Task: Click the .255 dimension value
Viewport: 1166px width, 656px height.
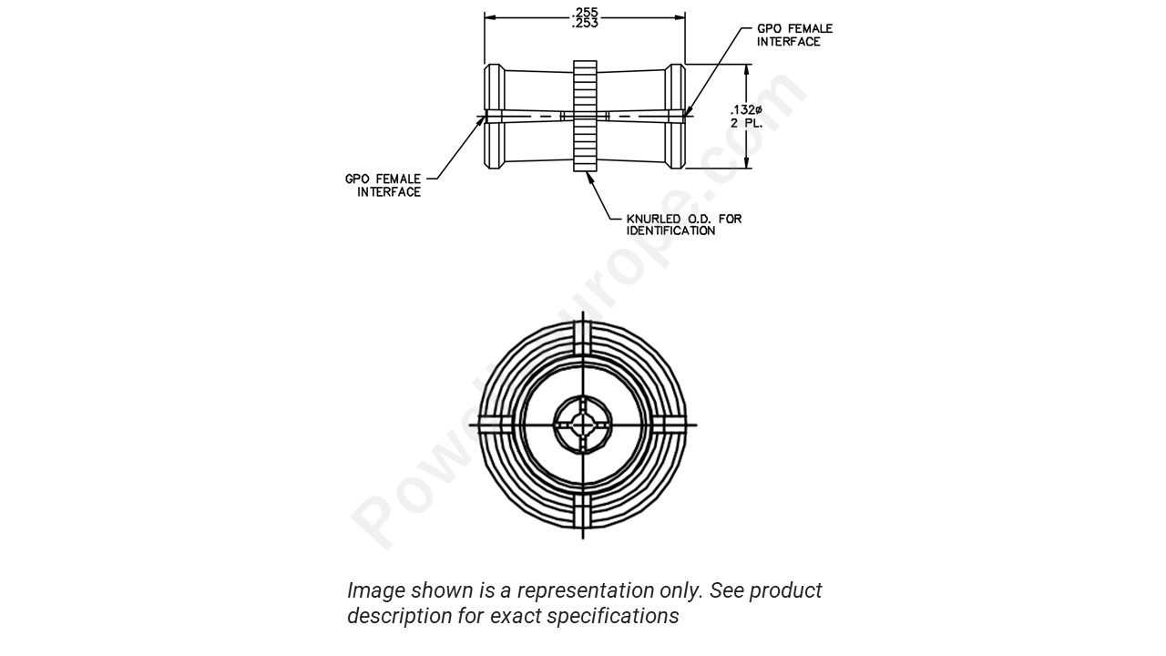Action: pos(585,12)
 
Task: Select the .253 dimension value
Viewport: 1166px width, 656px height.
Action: pos(585,24)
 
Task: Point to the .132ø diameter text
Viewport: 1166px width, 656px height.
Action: pos(746,110)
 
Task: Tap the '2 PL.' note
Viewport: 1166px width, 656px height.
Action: pos(746,123)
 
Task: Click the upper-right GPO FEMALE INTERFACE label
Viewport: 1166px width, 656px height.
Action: pos(794,35)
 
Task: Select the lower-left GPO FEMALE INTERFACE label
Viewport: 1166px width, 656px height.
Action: pos(383,185)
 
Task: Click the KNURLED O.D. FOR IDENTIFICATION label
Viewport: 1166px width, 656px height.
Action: pos(683,224)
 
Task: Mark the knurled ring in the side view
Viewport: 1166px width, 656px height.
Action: pos(585,116)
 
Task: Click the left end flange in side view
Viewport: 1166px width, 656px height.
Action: pos(493,116)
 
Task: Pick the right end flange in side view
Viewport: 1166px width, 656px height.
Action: pos(675,116)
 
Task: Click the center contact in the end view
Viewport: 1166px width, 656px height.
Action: pos(583,425)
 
